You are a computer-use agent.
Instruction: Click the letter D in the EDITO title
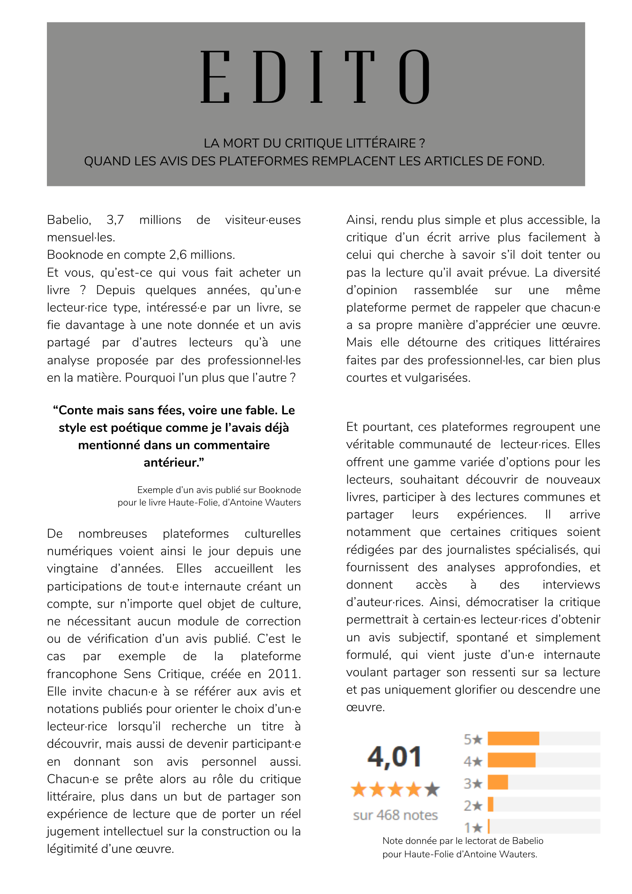point(270,77)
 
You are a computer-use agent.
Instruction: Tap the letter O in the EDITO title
point(414,77)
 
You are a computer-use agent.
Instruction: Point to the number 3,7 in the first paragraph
point(115,220)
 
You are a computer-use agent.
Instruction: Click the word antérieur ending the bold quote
point(173,463)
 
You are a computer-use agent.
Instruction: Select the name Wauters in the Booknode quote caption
point(282,502)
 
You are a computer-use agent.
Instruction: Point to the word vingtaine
point(72,569)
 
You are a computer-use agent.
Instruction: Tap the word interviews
point(571,585)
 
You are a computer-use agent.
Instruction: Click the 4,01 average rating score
point(395,757)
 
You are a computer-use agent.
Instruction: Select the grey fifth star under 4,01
point(432,790)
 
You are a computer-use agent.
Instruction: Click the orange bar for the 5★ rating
point(513,739)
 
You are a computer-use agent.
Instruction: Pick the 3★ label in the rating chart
point(473,783)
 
